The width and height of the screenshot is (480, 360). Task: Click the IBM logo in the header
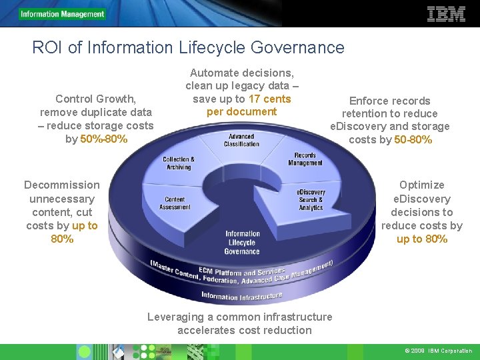[445, 13]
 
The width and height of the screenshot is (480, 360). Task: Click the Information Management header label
[62, 14]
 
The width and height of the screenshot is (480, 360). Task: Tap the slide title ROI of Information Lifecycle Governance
[188, 47]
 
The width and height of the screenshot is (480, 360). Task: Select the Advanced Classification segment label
[241, 140]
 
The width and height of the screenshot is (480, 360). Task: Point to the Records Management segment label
[305, 159]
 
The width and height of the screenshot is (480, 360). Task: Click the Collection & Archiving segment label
[179, 163]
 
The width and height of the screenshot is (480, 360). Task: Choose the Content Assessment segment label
[175, 203]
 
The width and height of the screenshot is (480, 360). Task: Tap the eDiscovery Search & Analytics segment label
[311, 200]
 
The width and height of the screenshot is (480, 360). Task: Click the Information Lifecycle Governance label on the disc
[243, 243]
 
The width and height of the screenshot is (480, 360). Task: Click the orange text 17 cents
[269, 99]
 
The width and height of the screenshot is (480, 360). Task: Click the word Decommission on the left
[62, 185]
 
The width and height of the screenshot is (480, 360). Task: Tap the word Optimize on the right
[421, 185]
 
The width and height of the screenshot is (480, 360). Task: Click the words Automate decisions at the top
[242, 73]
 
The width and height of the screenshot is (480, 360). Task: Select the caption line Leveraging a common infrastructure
[239, 317]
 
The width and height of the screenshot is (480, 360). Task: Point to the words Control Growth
[96, 99]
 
